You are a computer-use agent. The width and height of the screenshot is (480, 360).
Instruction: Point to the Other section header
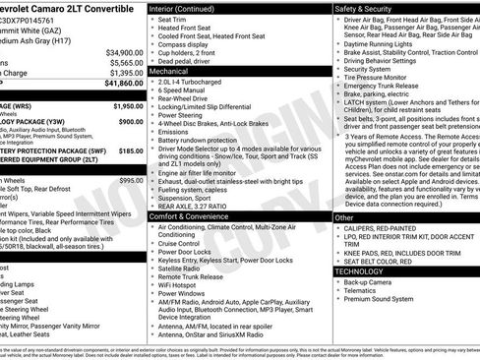click(345, 217)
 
